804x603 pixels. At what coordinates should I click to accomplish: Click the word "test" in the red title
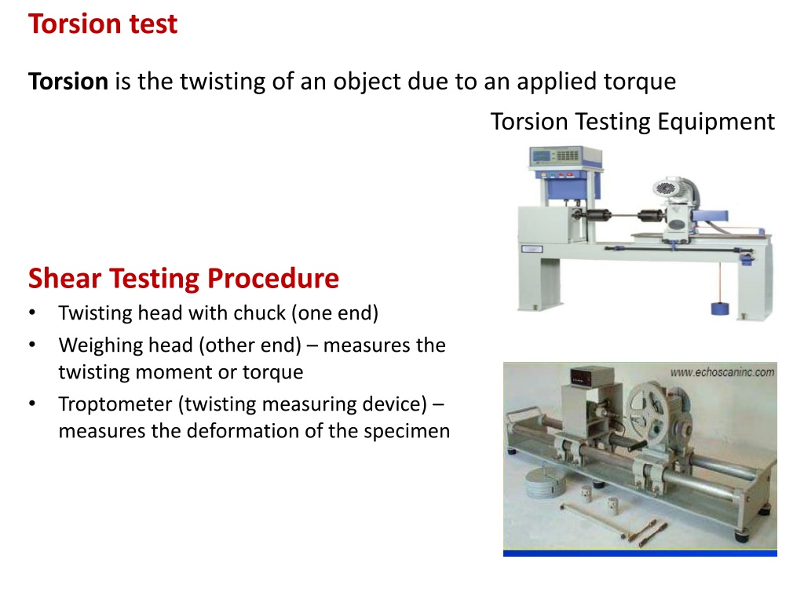(153, 24)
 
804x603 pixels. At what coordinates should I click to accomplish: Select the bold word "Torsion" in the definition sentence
(68, 82)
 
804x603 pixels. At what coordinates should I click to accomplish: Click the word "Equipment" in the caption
(716, 122)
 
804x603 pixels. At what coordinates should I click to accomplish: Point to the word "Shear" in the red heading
(64, 279)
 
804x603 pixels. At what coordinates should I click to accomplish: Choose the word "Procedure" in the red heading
(272, 279)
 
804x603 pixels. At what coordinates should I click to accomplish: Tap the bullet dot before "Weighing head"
(32, 345)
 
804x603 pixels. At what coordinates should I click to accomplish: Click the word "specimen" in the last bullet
(407, 431)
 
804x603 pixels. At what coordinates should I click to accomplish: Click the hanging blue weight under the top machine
(719, 308)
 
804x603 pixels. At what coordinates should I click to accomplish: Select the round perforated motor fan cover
(666, 188)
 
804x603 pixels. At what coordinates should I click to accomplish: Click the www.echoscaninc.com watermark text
(722, 372)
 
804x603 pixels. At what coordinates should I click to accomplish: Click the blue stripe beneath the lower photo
(640, 554)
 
